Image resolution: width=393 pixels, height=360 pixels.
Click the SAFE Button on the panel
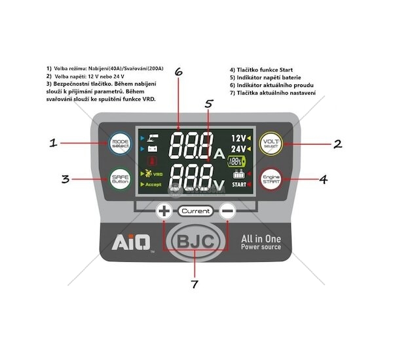[121, 179]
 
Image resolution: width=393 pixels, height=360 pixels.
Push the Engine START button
[271, 179]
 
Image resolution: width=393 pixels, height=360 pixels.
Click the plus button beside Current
[164, 211]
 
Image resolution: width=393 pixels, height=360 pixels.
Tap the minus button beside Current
[227, 211]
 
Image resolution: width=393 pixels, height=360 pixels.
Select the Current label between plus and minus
[195, 211]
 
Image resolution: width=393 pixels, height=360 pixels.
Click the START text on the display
[242, 185]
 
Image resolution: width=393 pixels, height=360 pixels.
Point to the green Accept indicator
[153, 185]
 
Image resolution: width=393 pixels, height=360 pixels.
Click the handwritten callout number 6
[179, 73]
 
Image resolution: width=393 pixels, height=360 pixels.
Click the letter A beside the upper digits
[220, 154]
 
